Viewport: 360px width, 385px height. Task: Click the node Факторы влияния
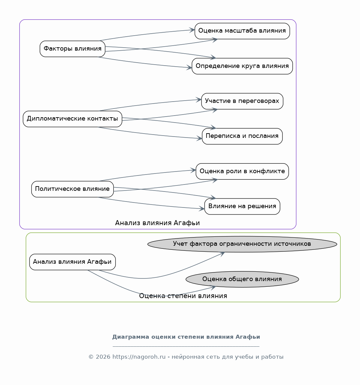point(72,49)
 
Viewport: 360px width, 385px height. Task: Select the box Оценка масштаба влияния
point(242,31)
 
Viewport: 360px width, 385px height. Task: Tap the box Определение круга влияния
point(242,66)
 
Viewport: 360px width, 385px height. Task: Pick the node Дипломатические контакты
point(72,119)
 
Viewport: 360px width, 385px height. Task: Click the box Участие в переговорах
point(242,101)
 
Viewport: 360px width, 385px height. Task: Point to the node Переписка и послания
point(242,136)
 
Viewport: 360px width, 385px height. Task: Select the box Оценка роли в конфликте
point(242,172)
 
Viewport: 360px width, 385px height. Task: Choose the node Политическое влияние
point(72,189)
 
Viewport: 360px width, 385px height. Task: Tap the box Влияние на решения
point(242,206)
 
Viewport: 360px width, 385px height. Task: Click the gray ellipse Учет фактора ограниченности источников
point(242,244)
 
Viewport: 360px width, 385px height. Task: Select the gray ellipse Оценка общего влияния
point(242,279)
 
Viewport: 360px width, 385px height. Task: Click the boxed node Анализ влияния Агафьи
point(72,262)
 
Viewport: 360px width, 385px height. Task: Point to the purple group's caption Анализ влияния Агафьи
point(157,223)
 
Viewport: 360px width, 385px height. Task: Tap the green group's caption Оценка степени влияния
point(183,296)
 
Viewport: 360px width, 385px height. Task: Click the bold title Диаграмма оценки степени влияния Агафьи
point(186,337)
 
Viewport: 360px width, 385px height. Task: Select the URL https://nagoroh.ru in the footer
point(139,357)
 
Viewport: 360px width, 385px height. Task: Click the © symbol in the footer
point(91,357)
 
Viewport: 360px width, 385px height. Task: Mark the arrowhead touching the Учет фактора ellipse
point(222,254)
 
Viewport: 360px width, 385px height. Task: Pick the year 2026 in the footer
point(103,357)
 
